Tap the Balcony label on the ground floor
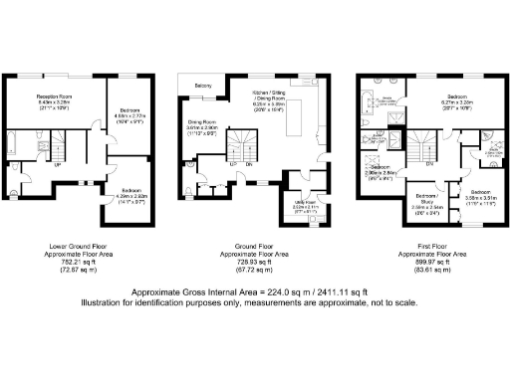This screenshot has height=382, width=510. (202, 86)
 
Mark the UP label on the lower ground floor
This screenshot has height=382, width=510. (57, 165)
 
